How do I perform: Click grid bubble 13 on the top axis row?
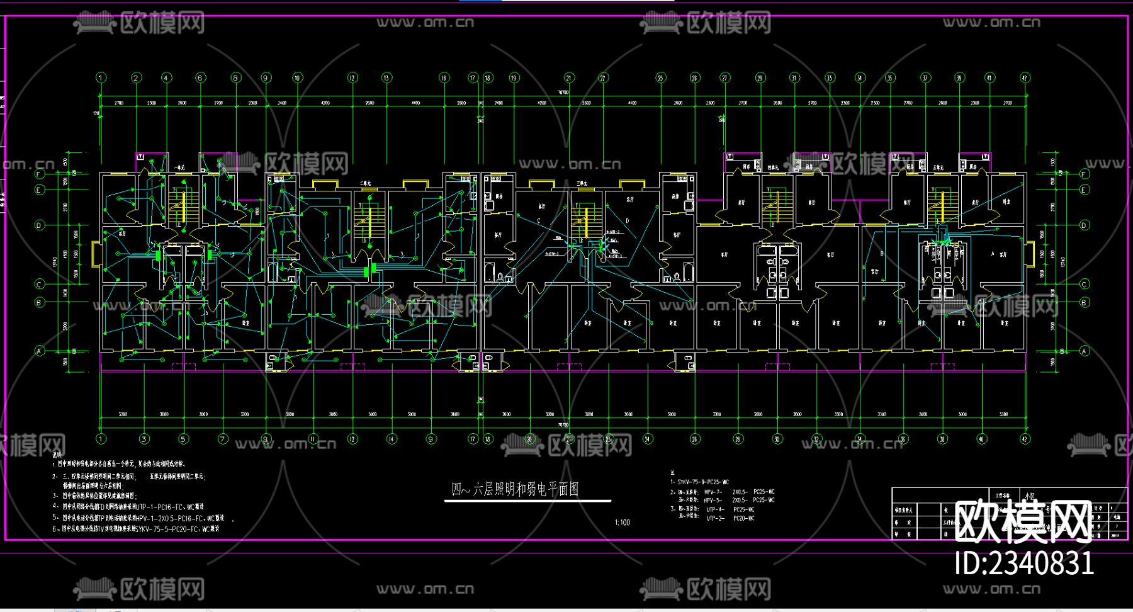386,78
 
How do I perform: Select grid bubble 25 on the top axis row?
660,78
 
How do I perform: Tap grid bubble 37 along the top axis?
925,78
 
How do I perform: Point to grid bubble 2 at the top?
137,78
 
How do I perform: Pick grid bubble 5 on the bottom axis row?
183,439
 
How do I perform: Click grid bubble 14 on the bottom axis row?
392,439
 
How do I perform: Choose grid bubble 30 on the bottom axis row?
777,439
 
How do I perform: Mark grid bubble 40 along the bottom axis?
981,439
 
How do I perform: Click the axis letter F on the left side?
40,174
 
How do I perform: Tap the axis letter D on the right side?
1084,225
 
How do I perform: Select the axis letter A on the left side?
40,351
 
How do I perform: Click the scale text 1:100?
622,523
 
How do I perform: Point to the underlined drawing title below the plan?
515,489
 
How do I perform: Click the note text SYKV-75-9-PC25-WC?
703,482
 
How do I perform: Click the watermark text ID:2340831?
1024,563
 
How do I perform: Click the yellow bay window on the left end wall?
96,252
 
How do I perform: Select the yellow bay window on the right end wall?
1030,252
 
